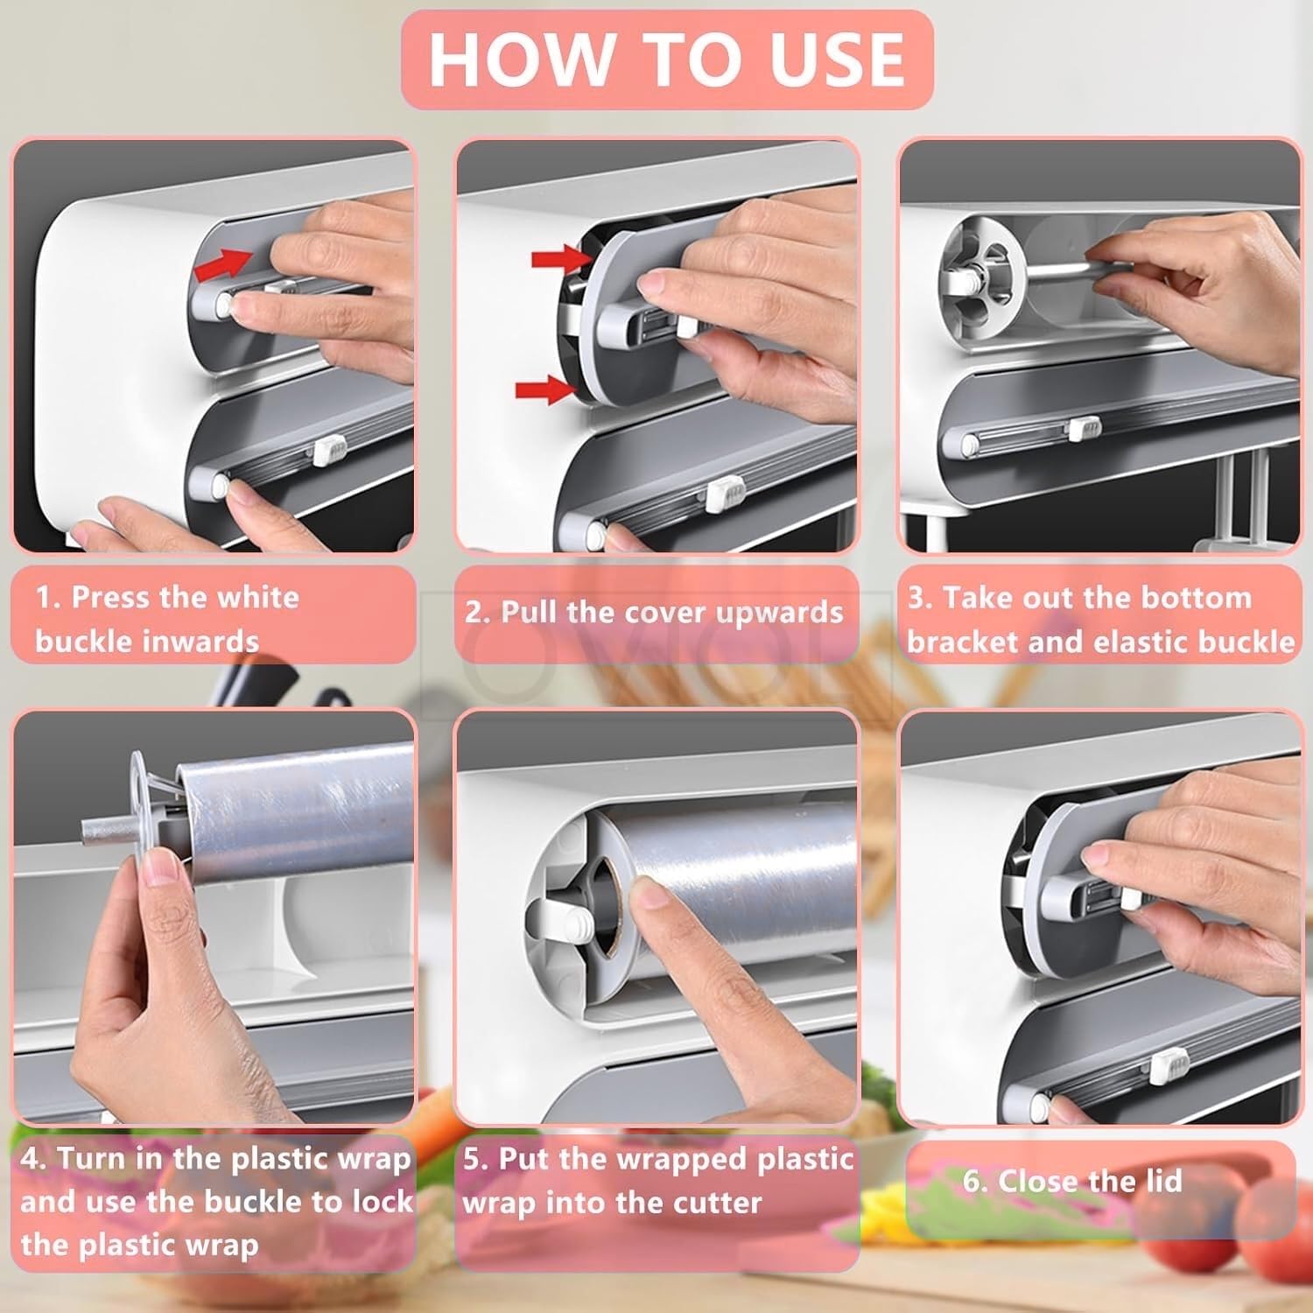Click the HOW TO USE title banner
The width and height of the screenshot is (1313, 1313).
pos(667,60)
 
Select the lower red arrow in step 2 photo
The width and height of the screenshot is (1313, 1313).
pos(544,389)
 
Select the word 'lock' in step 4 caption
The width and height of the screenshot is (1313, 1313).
pos(382,1201)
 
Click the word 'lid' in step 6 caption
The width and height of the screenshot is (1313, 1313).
pos(1161,1181)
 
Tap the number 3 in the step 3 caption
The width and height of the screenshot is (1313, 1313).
pos(917,598)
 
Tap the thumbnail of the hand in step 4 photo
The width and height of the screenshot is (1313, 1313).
pos(160,870)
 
